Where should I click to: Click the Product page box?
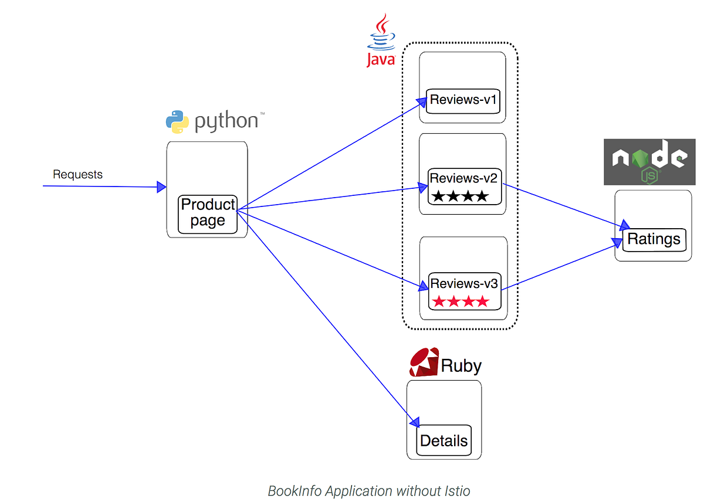click(x=208, y=213)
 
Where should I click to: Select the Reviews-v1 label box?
click(x=463, y=100)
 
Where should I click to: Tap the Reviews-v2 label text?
click(x=463, y=178)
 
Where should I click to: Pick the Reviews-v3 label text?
click(x=464, y=283)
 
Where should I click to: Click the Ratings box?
click(x=654, y=239)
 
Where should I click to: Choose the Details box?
click(x=444, y=440)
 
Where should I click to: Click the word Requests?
click(x=77, y=174)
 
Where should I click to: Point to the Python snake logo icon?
click(x=177, y=121)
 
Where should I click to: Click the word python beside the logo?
click(x=226, y=121)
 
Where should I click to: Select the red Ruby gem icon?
click(x=424, y=362)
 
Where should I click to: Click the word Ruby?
click(x=461, y=366)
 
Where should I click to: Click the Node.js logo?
click(x=649, y=162)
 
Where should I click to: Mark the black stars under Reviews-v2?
click(x=459, y=196)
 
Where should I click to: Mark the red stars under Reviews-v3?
click(x=460, y=302)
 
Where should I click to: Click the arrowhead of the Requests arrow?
click(x=161, y=187)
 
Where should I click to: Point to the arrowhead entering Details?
click(x=414, y=422)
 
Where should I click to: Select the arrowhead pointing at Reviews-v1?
click(x=422, y=101)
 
